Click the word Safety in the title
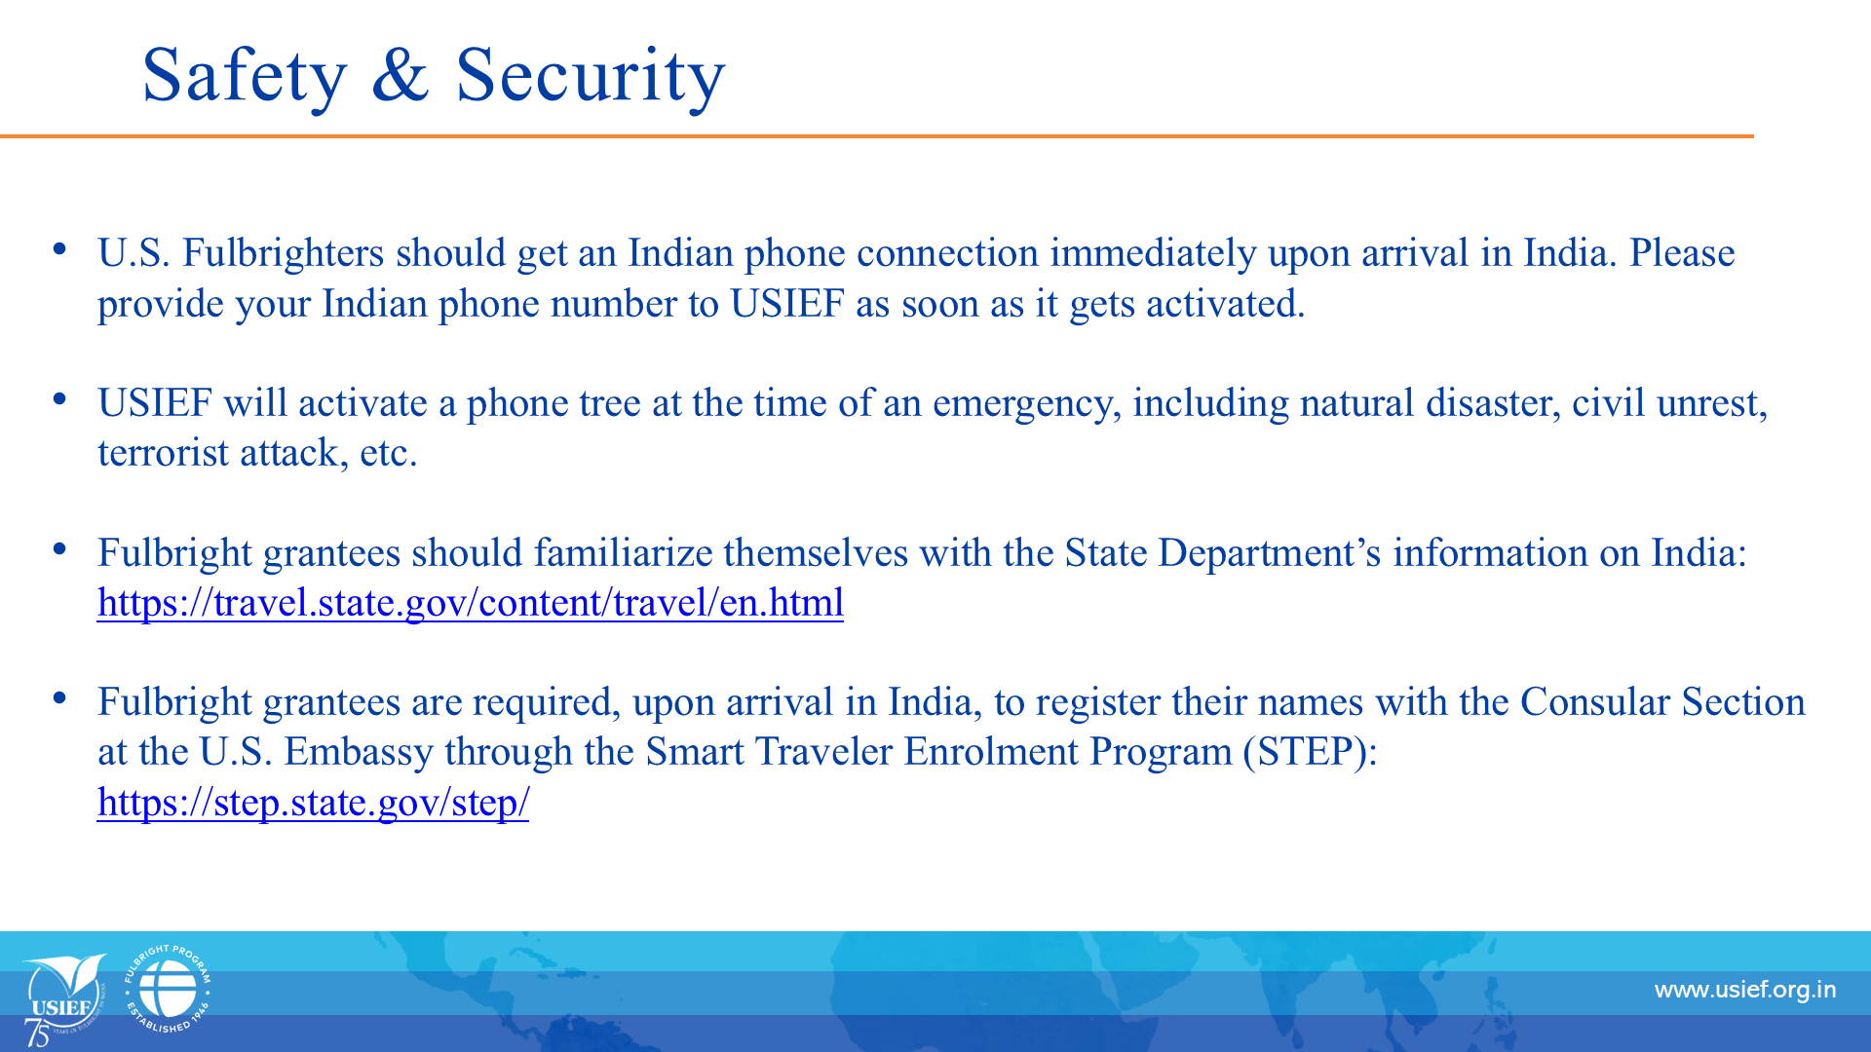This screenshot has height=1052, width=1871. [x=245, y=76]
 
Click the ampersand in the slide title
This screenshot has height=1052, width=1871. [x=401, y=74]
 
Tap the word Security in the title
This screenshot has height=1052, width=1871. [x=591, y=76]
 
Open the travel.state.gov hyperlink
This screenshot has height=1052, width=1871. [x=471, y=603]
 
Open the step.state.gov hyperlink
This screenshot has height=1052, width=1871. [x=313, y=803]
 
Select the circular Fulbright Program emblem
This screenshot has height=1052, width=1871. [x=168, y=989]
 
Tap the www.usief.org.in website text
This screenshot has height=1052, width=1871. [x=1745, y=991]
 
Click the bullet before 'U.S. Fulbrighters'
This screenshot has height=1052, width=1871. [x=60, y=249]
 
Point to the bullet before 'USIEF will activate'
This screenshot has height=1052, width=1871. [x=60, y=398]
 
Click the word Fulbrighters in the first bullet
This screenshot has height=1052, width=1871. [x=284, y=253]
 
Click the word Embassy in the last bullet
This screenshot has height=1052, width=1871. [x=359, y=753]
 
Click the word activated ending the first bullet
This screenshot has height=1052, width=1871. [x=1225, y=304]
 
